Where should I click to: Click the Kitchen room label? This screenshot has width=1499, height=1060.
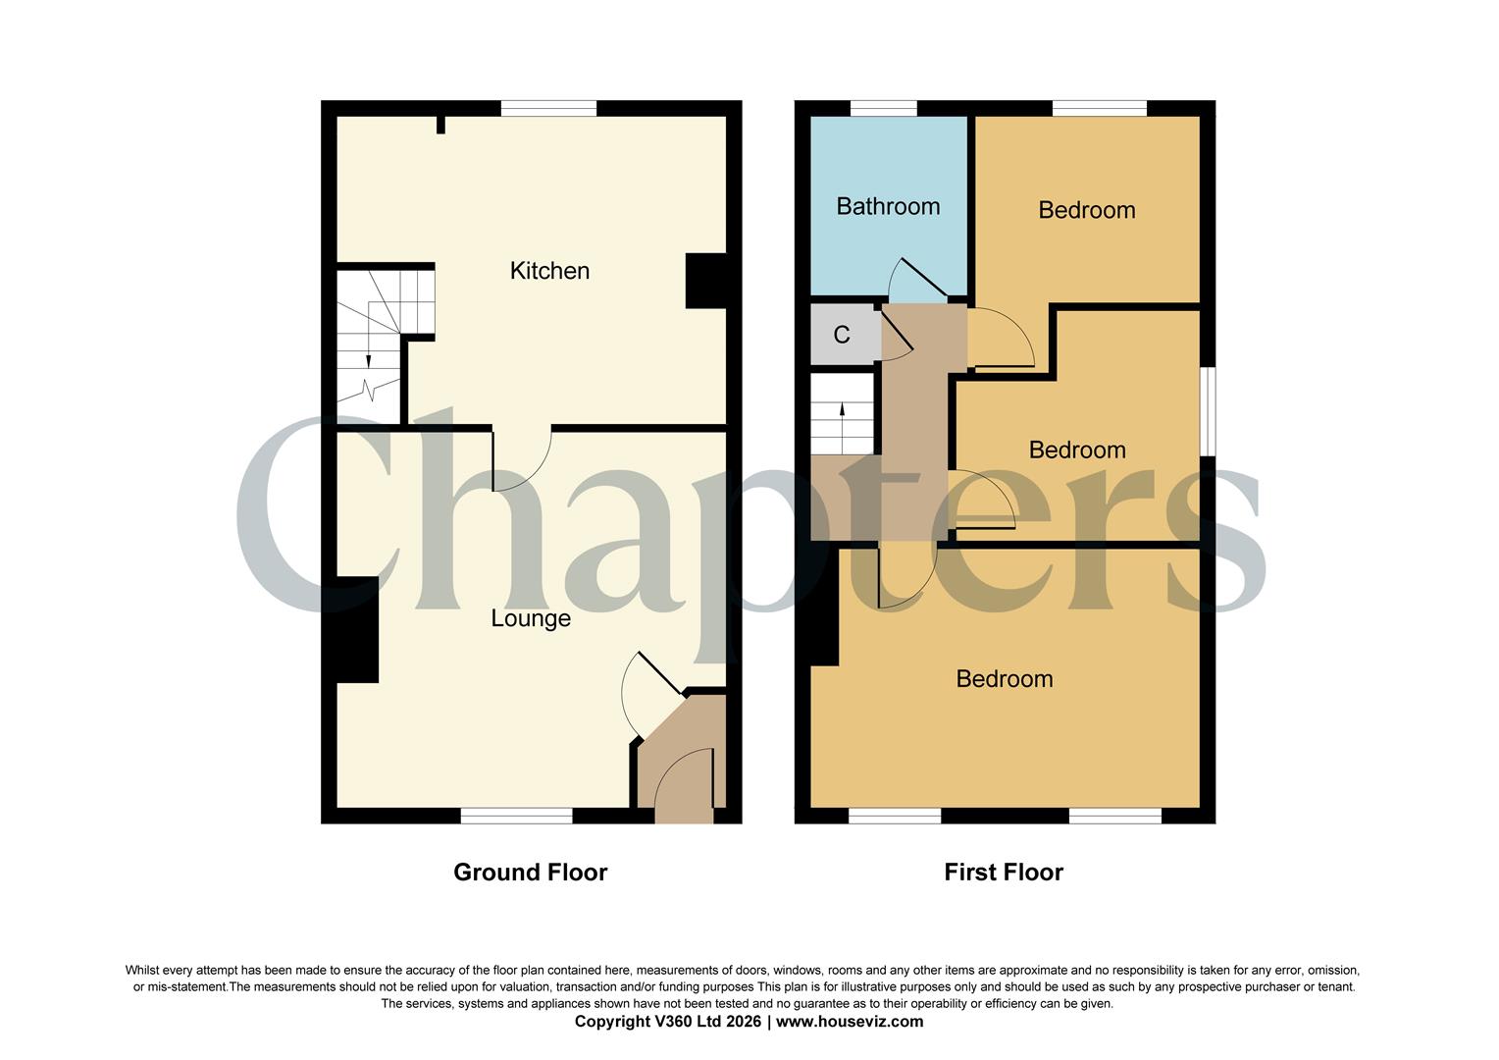(x=549, y=271)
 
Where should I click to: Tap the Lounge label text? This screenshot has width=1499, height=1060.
(x=531, y=619)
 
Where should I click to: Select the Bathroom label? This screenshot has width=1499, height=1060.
(x=888, y=206)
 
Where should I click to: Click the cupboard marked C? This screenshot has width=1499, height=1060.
(x=842, y=335)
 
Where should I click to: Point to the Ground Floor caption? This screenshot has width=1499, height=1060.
(x=530, y=873)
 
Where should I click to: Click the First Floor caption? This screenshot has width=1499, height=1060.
(x=1004, y=873)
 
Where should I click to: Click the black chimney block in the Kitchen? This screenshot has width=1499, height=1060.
(x=705, y=282)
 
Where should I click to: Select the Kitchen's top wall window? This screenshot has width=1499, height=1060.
(x=548, y=109)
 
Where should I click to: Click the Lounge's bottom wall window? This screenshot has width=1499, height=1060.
(x=517, y=816)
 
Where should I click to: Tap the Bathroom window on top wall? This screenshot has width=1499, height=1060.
(x=883, y=109)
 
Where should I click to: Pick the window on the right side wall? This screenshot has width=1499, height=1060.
(x=1209, y=412)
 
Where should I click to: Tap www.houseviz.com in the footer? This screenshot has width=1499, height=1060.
(x=850, y=1022)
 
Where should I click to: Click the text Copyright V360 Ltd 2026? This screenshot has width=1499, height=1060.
(x=668, y=1022)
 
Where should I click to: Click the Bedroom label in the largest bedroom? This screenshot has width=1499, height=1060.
(x=1005, y=679)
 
